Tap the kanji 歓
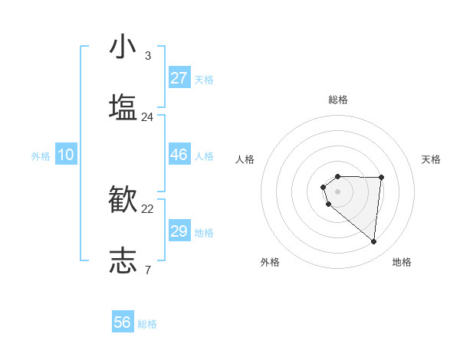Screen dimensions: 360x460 (x=123, y=200)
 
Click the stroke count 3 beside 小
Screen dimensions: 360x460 (x=147, y=56)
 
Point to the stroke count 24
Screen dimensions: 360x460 (x=147, y=117)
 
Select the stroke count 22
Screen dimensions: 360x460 (x=147, y=209)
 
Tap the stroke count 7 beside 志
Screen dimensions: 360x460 (x=147, y=270)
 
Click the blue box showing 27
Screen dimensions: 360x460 (x=179, y=78)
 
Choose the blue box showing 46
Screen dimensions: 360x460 (x=179, y=155)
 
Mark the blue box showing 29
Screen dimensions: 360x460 (x=179, y=231)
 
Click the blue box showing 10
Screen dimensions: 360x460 (x=66, y=155)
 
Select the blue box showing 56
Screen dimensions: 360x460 (x=123, y=322)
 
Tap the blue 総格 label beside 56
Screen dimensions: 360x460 (x=147, y=324)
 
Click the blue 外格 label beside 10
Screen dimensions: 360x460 (x=41, y=156)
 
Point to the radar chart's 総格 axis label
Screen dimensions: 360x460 (x=338, y=100)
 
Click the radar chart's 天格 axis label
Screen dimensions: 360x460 (x=432, y=159)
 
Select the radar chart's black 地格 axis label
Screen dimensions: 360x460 (x=402, y=262)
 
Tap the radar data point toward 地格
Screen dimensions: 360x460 (x=373, y=242)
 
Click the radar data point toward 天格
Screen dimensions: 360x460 (x=382, y=177)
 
